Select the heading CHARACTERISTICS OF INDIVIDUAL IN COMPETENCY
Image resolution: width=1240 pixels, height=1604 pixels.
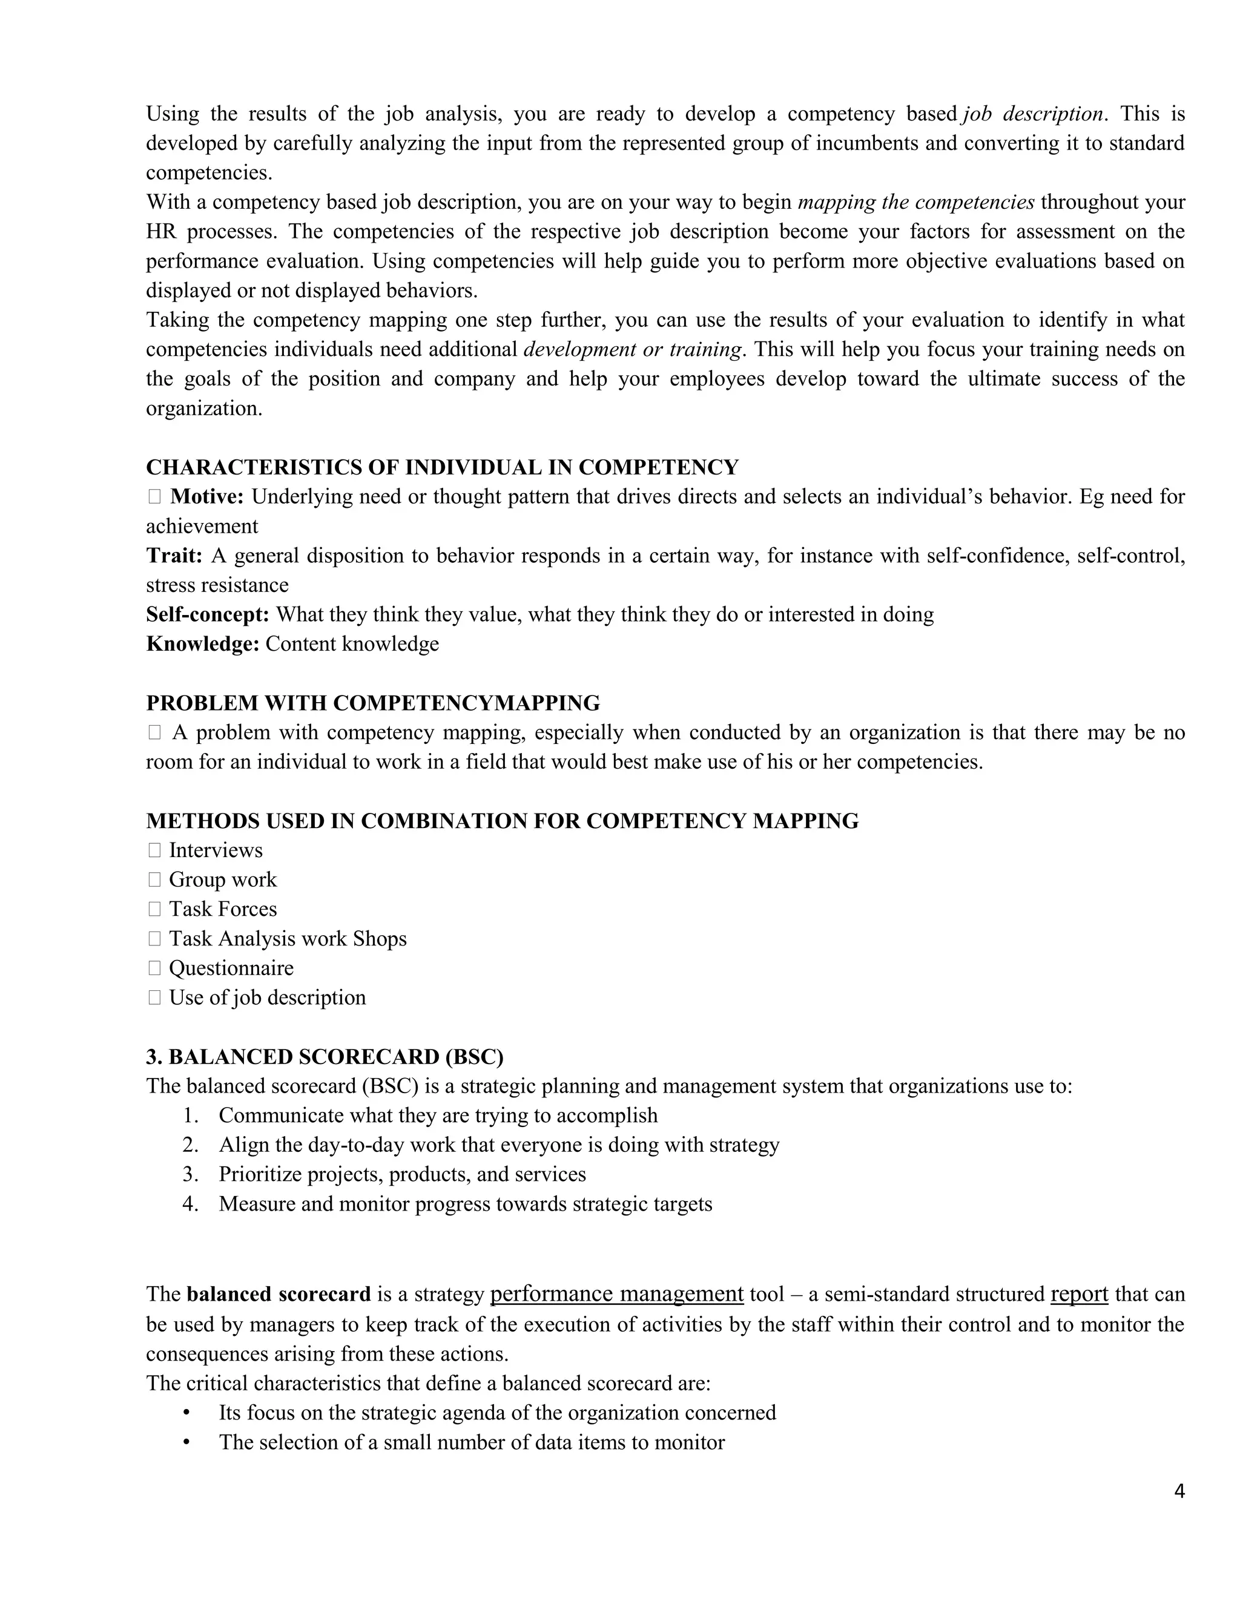(442, 467)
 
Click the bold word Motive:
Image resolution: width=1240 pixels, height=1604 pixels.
(206, 496)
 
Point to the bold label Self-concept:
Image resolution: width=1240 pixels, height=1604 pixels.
(208, 614)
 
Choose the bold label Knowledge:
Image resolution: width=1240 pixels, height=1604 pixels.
(203, 643)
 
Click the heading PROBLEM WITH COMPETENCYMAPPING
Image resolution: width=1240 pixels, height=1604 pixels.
(372, 703)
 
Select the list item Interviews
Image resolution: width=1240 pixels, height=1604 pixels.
(215, 850)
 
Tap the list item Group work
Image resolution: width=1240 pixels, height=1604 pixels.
(223, 879)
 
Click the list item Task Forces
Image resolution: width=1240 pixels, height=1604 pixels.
(223, 909)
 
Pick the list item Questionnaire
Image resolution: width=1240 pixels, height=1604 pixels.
(231, 968)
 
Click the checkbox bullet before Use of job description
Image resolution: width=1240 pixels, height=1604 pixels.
(154, 998)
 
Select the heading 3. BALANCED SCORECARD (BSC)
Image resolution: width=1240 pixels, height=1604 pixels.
(325, 1056)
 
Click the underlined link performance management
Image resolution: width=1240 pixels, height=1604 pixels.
(616, 1293)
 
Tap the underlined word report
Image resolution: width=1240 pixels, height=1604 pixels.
(1078, 1293)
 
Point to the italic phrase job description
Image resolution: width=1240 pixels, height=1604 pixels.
(1032, 114)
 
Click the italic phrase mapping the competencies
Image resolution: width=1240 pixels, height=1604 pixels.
(915, 202)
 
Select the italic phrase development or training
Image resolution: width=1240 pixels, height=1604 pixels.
(632, 349)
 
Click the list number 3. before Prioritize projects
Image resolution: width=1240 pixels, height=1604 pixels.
(190, 1174)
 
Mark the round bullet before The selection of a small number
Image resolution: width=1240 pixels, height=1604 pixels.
(186, 1442)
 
